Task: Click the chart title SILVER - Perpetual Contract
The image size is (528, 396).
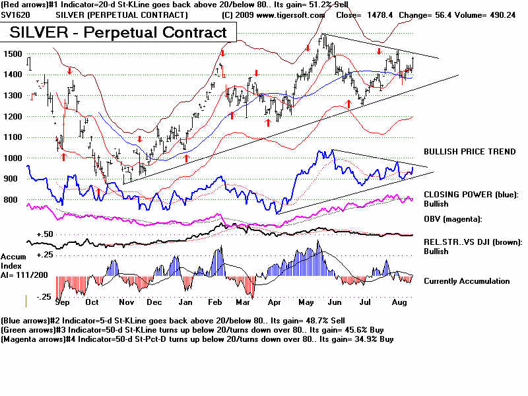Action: coord(118,32)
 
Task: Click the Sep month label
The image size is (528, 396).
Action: coord(63,302)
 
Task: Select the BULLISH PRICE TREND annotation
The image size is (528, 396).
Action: coord(469,152)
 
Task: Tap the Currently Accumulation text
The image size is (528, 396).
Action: coord(467,281)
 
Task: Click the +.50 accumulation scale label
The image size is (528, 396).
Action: coord(45,234)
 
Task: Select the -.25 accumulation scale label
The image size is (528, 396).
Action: coord(44,297)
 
